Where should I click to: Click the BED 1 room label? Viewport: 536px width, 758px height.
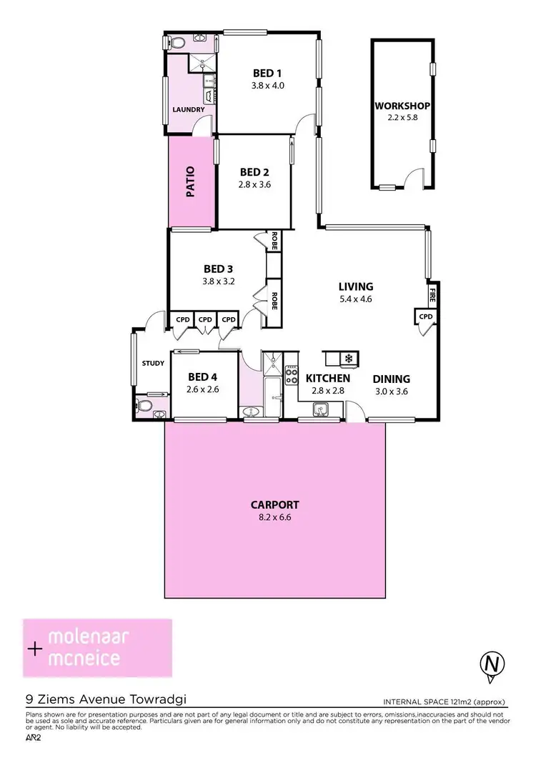click(x=268, y=73)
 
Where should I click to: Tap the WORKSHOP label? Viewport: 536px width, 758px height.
click(x=402, y=106)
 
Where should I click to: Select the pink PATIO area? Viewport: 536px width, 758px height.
click(x=192, y=181)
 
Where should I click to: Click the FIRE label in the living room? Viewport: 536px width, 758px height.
click(x=432, y=294)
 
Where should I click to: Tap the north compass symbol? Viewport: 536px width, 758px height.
click(x=491, y=664)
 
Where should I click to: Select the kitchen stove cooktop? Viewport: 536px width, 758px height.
click(x=292, y=375)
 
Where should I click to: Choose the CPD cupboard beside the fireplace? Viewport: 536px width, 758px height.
click(x=426, y=316)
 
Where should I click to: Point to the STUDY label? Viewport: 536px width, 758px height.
click(x=153, y=363)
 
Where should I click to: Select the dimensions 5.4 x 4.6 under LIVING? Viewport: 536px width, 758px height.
click(x=356, y=299)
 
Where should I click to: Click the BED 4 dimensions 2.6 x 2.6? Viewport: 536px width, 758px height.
click(x=203, y=389)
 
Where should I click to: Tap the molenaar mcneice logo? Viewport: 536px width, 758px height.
click(x=98, y=647)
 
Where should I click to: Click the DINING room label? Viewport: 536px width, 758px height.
click(x=392, y=379)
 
